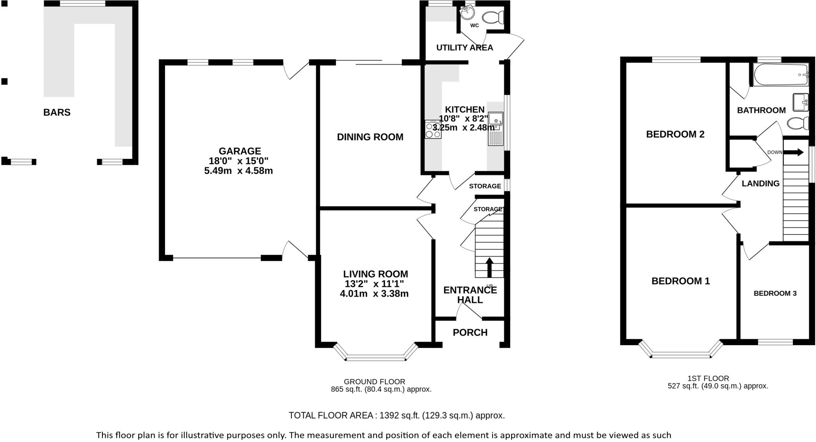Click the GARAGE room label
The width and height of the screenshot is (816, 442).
tap(239, 151)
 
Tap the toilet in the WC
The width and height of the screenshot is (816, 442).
tap(493, 17)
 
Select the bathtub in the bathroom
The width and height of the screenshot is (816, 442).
tap(781, 75)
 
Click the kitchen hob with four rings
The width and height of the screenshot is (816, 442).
tap(433, 129)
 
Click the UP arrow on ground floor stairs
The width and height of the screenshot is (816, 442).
tap(489, 267)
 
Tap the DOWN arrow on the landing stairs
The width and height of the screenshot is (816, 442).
tap(793, 152)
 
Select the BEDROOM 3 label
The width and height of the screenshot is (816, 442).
tap(775, 293)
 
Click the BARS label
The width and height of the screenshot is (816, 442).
tap(57, 113)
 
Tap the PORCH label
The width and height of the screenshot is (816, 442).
tap(470, 332)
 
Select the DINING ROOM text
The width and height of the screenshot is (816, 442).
tap(370, 137)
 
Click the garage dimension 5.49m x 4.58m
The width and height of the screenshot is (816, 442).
tap(238, 171)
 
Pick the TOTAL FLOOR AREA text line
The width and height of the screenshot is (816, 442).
tap(396, 416)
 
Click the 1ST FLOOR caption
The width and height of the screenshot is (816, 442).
tap(708, 378)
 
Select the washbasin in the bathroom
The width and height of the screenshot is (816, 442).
tap(800, 102)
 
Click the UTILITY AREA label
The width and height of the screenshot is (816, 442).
tap(465, 48)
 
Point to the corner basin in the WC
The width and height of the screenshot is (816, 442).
tap(467, 12)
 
